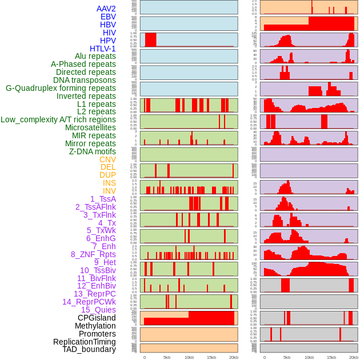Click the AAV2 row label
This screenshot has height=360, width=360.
coord(106,9)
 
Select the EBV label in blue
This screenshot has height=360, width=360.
coord(108,17)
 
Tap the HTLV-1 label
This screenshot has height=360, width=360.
coord(102,49)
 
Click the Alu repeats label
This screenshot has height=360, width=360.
coord(95,56)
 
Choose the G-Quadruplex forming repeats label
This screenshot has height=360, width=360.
coord(61,88)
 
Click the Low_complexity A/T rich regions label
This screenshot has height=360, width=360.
coord(58,119)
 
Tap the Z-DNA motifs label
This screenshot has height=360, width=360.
coord(92,151)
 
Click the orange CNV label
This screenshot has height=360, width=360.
coord(107,159)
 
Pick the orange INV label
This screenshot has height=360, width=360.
coord(109,191)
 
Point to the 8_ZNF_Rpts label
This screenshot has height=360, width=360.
coord(93,254)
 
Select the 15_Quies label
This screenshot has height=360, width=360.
coord(98,310)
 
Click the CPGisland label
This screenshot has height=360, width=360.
coord(97,318)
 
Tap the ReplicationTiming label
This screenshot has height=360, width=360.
coord(85,342)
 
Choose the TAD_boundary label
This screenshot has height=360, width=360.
coord(89,349)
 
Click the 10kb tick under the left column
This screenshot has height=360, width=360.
coord(189,357)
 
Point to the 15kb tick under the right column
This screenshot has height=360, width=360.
coord(331,357)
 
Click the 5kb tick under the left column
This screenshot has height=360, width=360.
coord(167,357)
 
